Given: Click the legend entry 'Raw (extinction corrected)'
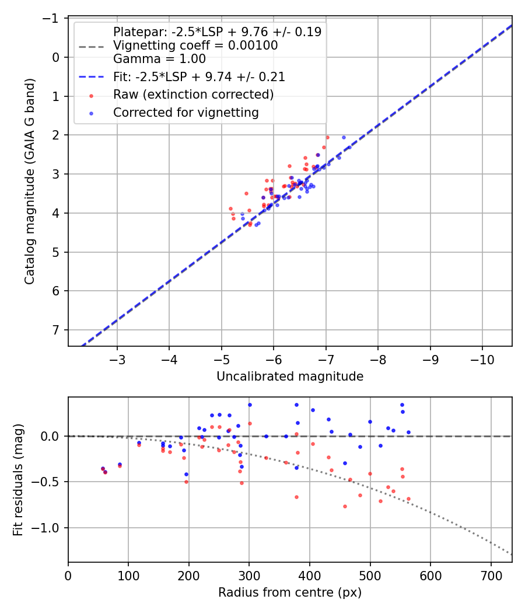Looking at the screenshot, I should point(193,94).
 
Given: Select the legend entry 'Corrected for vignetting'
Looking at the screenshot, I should point(185,112).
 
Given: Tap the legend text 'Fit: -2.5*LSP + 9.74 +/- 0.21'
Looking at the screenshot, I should point(199,76).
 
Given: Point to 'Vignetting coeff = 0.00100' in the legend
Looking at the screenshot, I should point(195,46).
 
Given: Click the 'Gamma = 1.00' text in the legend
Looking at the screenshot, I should point(159,58).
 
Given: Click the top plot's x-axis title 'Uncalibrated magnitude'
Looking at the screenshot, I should point(290,377).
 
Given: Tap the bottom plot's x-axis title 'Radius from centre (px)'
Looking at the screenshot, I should point(290,593).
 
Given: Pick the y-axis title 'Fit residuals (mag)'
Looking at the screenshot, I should point(18,480).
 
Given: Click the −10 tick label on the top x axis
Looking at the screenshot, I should point(482,359).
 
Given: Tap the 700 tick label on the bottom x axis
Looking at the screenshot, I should point(491,575).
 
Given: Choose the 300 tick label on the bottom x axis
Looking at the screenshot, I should point(249,575).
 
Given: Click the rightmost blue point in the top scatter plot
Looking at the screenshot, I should point(344,138).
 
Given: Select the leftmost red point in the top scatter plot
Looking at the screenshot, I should point(230,208).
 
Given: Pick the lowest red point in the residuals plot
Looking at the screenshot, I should point(345,506).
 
